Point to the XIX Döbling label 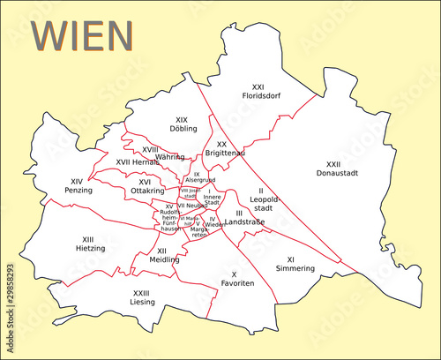click(183, 124)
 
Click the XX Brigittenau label click(224, 148)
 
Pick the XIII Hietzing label click(88, 244)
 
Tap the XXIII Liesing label click(142, 297)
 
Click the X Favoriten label click(235, 279)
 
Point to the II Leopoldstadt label click(261, 199)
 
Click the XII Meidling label click(163, 256)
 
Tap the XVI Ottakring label click(146, 186)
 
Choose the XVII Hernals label click(138, 161)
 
